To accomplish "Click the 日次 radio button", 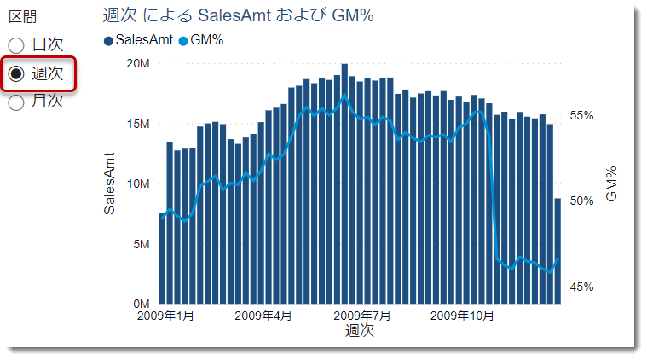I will (16, 45).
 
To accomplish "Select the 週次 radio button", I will (16, 73).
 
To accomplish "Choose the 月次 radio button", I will (16, 102).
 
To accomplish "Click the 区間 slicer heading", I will (22, 17).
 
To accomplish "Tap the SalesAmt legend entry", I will (138, 39).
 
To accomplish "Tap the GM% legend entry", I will (200, 39).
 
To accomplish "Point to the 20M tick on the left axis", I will (138, 63).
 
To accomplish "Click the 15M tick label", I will (138, 124).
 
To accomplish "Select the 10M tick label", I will (138, 183).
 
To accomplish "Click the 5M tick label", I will (141, 244).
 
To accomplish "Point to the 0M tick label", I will (141, 304).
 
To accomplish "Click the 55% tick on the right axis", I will (581, 115).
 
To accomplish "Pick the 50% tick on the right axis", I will (581, 201).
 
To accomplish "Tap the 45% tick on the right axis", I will (581, 287).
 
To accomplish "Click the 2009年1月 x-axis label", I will (165, 316).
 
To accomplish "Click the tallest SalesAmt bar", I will (344, 183).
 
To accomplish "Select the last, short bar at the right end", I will (557, 252).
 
